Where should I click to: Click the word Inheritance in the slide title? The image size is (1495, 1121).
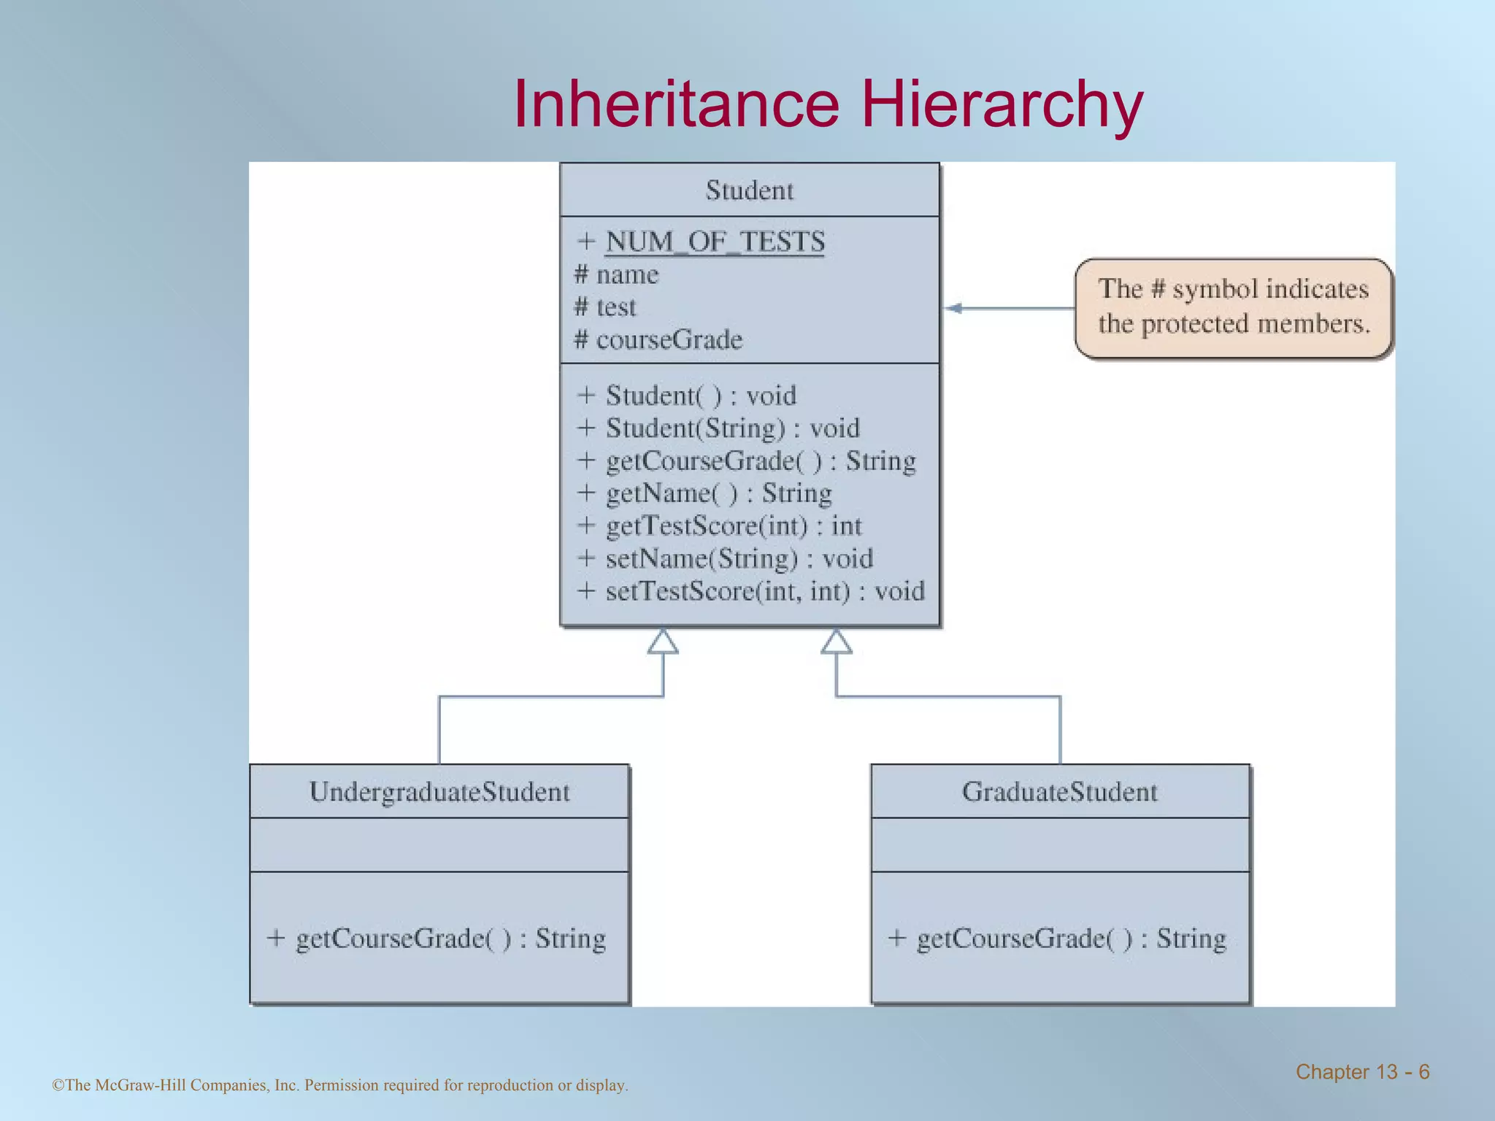point(676,104)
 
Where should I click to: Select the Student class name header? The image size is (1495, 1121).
point(749,190)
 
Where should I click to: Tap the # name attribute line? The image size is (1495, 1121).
point(617,275)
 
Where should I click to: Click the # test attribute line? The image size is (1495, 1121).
point(605,307)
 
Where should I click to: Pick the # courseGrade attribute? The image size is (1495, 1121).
point(658,340)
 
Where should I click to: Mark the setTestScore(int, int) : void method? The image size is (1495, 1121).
point(751,591)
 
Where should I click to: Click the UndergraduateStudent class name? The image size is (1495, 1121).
point(439,792)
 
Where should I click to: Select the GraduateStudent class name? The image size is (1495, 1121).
point(1060,792)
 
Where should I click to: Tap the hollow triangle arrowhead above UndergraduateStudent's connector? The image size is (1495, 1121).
point(663,642)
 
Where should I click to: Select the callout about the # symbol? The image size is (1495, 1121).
point(1234,307)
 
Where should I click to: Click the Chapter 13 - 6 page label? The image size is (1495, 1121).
point(1362,1072)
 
